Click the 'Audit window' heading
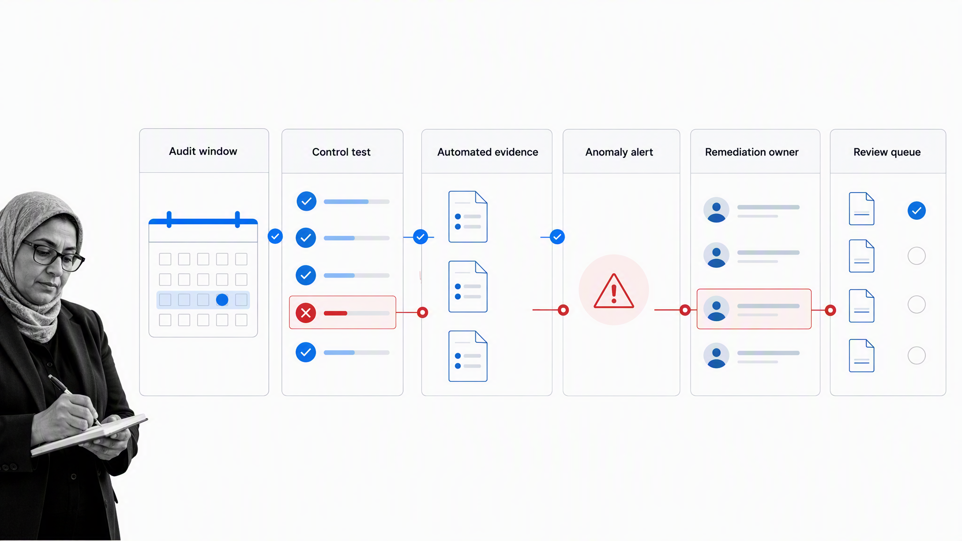(203, 151)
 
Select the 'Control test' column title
(341, 152)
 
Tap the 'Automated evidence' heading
(488, 152)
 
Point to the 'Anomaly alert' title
(619, 152)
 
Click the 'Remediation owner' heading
(752, 152)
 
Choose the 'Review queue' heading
(887, 152)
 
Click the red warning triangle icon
(614, 291)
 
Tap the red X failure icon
(306, 313)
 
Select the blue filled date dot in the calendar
(222, 300)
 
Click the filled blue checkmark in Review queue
(916, 211)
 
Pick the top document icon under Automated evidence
(468, 216)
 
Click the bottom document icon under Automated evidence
(468, 356)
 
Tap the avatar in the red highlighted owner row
(716, 309)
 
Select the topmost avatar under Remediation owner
(716, 209)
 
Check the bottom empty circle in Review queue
(916, 356)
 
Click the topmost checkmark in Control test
(306, 201)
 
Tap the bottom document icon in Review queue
(861, 356)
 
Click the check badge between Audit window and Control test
(275, 236)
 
